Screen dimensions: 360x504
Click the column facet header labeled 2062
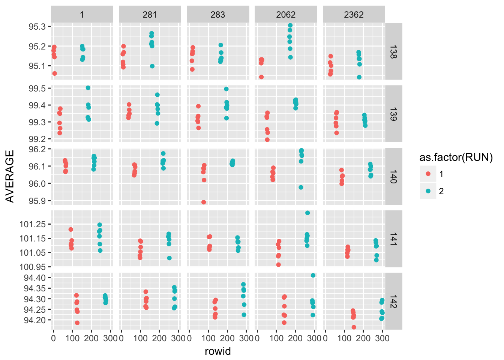point(286,15)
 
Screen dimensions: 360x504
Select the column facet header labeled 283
point(218,15)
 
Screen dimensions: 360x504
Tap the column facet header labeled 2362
point(354,15)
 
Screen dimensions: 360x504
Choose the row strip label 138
point(393,51)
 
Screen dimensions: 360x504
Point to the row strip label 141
point(393,239)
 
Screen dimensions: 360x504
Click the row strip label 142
point(393,301)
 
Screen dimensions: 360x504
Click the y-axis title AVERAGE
point(10,176)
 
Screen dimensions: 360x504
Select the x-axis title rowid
point(218,351)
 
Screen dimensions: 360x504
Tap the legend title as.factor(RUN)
point(456,157)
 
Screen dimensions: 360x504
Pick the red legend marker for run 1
point(428,174)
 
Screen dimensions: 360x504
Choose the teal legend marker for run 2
point(428,191)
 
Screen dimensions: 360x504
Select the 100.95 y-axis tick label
point(33,267)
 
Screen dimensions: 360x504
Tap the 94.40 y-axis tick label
point(34,278)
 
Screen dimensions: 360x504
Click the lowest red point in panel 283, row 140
point(204,202)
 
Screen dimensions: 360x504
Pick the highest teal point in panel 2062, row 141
point(307,213)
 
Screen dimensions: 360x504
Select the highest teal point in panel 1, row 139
point(88,88)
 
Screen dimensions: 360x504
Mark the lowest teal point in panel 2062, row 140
point(301,187)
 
